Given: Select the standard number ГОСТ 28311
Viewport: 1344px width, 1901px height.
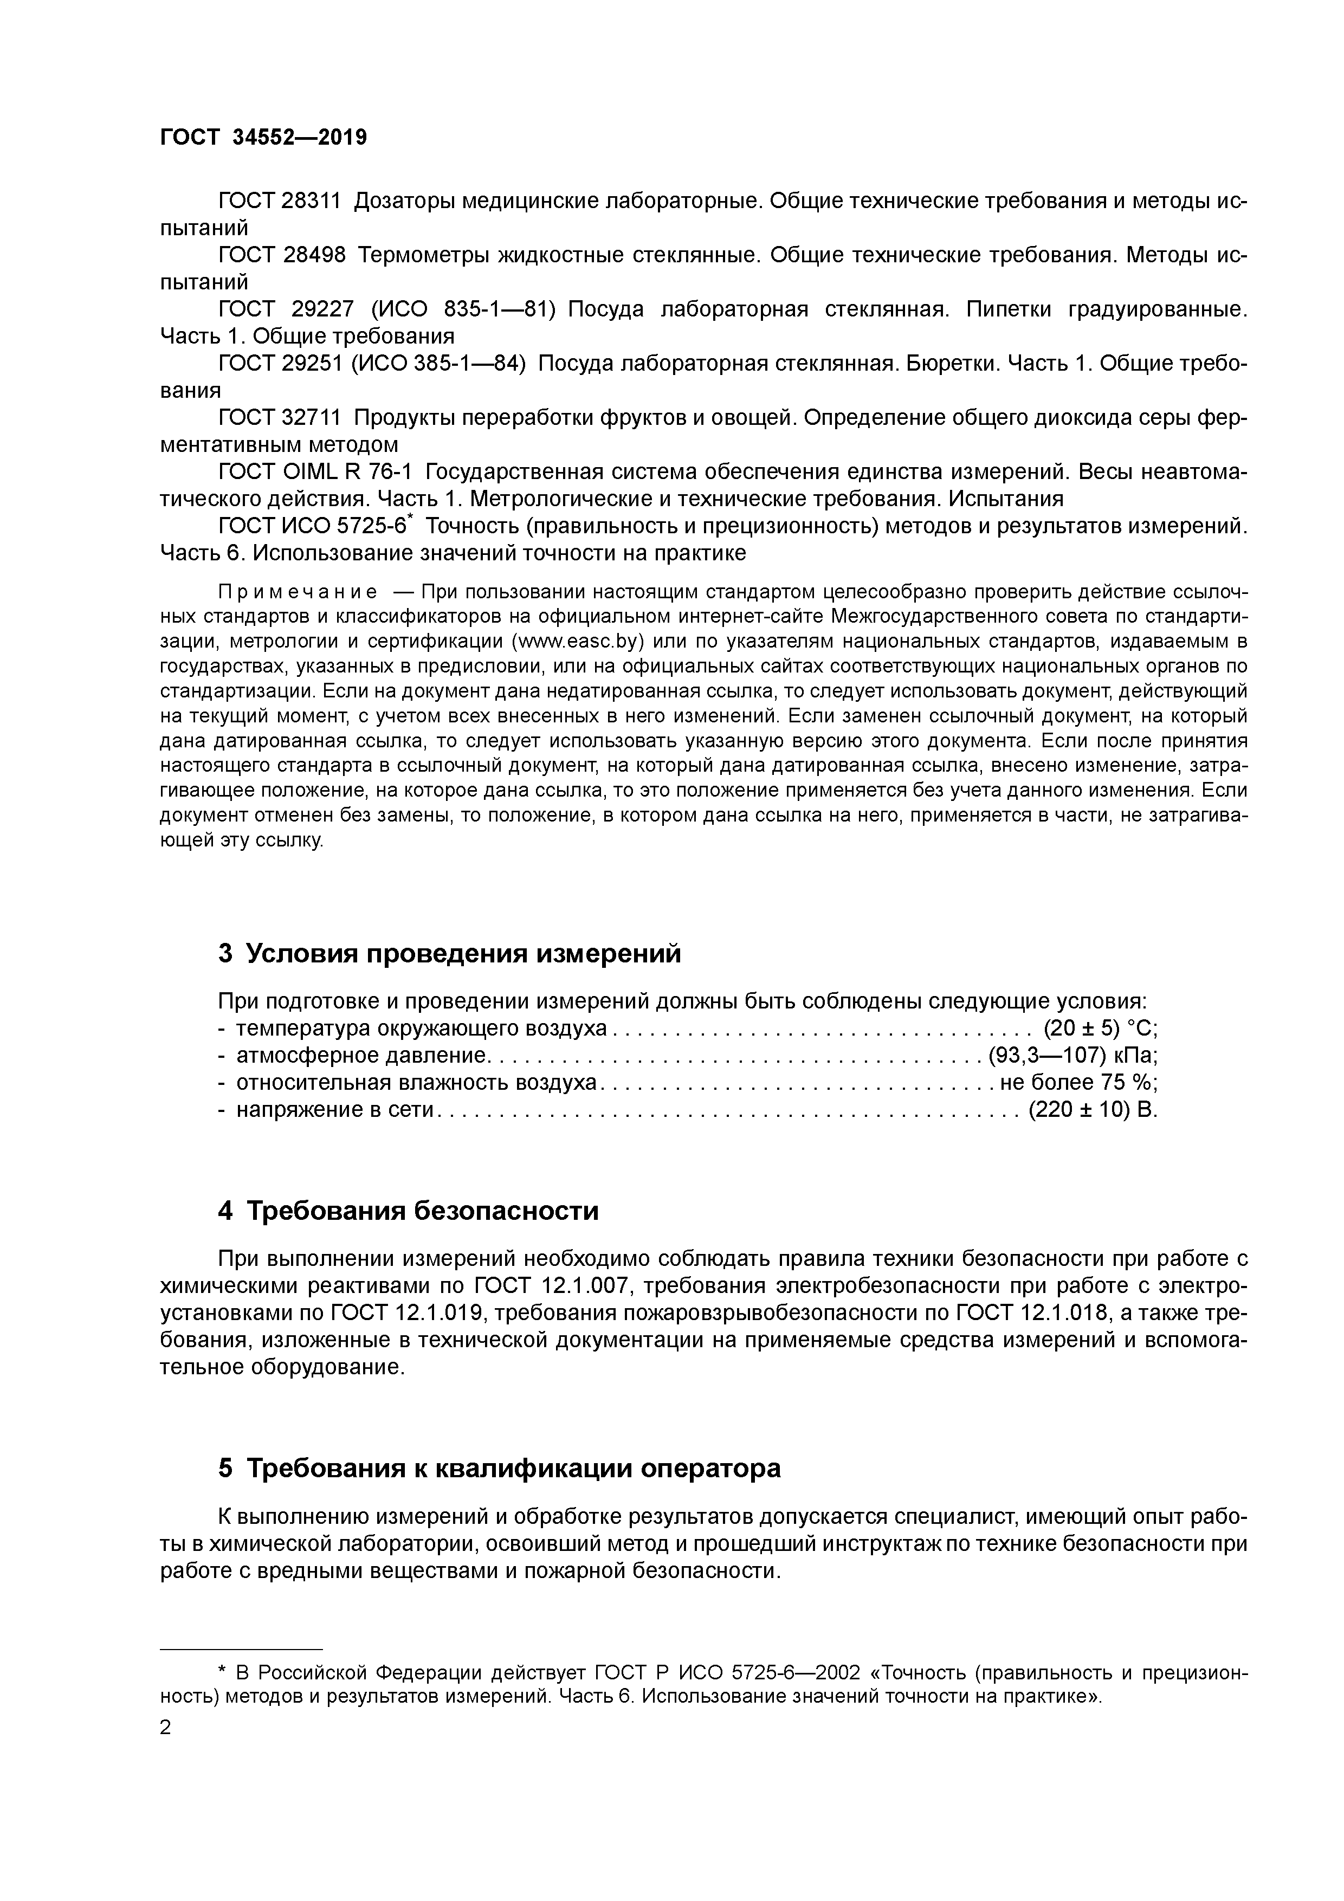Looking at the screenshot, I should [x=279, y=201].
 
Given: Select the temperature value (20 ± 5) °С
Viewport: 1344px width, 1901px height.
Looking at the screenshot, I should [x=1100, y=1029].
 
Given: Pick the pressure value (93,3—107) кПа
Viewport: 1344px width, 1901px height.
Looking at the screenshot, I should [x=1073, y=1056].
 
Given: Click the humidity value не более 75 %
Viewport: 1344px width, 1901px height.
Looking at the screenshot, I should [x=1079, y=1082].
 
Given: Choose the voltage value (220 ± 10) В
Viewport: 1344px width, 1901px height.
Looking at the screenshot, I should [x=1092, y=1109].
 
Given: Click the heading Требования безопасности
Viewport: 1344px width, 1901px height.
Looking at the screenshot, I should [x=408, y=1211].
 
